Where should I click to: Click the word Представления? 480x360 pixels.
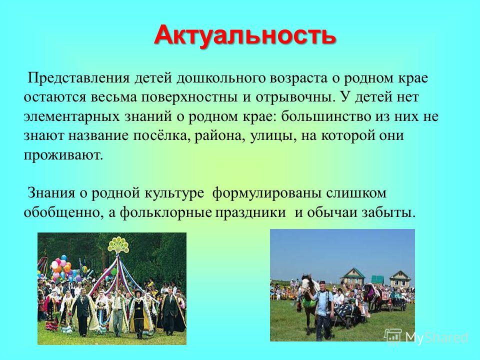(79, 78)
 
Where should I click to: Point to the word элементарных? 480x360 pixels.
(71, 117)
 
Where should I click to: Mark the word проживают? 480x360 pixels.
(63, 155)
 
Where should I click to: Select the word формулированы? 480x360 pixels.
(266, 193)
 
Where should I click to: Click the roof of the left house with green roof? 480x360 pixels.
(353, 273)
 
